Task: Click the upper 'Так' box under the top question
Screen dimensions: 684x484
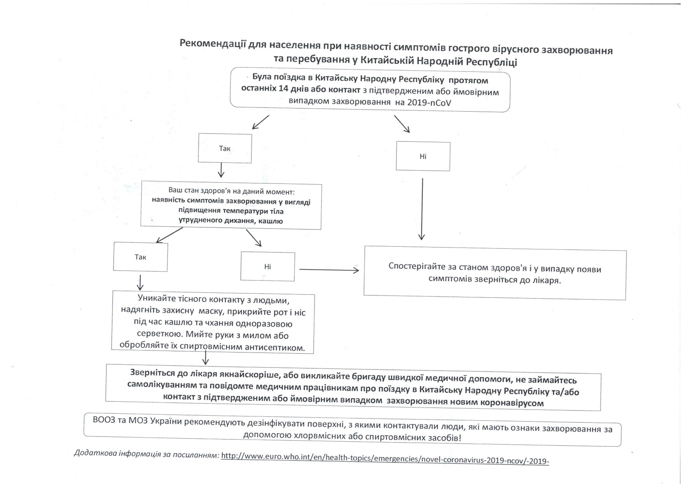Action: coord(225,148)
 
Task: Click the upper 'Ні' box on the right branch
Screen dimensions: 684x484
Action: coord(423,156)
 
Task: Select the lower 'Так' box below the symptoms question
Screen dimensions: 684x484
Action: coord(140,257)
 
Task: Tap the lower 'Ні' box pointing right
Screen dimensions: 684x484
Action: coord(268,267)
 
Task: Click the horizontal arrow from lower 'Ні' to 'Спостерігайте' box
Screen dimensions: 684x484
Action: coord(329,270)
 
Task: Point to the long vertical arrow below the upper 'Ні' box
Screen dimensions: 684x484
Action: coord(422,209)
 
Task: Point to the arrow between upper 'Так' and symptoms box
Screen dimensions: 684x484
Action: coord(222,170)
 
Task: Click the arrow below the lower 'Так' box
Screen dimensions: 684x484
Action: coord(140,282)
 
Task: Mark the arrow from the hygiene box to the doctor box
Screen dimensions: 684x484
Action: coord(206,358)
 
